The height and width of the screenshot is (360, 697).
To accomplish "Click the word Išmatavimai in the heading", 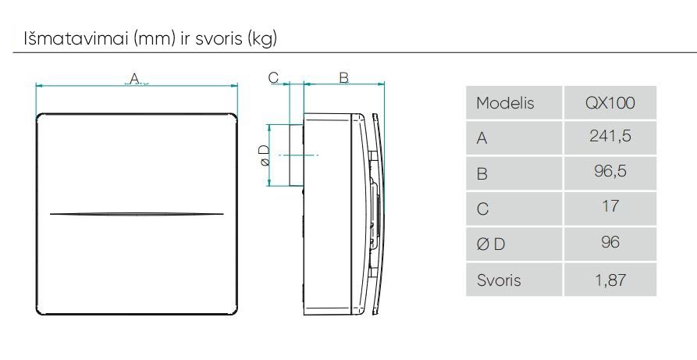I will (x=57, y=38).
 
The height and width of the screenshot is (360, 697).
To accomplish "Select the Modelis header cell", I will (x=504, y=103).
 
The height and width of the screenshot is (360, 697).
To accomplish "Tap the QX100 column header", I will (x=610, y=103).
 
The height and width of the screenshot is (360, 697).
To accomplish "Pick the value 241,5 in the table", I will (x=610, y=137).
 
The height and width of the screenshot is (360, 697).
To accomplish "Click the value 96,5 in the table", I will (x=610, y=173).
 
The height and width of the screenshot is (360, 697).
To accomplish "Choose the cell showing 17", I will (x=610, y=206).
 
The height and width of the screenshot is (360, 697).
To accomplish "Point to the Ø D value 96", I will (x=610, y=242).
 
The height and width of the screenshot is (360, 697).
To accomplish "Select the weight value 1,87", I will (x=610, y=278).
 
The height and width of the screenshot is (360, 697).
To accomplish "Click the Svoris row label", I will (x=498, y=279).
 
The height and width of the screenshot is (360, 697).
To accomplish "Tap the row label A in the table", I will (x=482, y=138).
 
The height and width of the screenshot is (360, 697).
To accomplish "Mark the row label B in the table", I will (x=482, y=173).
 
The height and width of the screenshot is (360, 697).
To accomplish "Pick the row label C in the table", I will (x=482, y=209).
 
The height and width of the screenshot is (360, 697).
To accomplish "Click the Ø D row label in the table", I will (x=490, y=244).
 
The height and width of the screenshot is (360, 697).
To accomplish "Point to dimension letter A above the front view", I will (x=134, y=77).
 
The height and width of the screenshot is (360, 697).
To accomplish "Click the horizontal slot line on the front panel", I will (x=137, y=213).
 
